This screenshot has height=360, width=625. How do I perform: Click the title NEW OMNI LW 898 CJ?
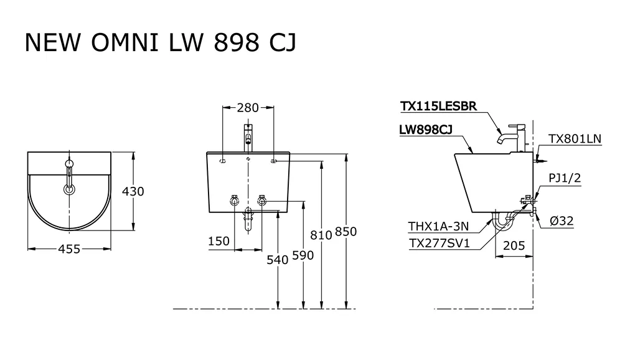click(x=160, y=44)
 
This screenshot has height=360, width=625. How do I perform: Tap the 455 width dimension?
click(x=69, y=249)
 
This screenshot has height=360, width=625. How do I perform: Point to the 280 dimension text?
click(x=247, y=108)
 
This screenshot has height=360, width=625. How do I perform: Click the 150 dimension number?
click(x=219, y=241)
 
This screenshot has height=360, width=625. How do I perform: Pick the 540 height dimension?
click(x=277, y=260)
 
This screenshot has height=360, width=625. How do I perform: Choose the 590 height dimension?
click(x=302, y=255)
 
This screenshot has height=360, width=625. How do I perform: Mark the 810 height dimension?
click(x=321, y=234)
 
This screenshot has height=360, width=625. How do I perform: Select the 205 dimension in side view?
click(x=514, y=245)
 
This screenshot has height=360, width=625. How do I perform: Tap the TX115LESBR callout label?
click(x=439, y=107)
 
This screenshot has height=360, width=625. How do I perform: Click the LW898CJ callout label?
click(x=426, y=130)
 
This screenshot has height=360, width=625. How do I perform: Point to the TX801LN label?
click(x=575, y=139)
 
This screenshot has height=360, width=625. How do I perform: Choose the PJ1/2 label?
click(x=565, y=179)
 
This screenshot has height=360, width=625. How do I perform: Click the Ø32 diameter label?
click(x=561, y=219)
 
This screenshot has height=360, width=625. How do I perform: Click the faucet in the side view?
click(x=514, y=136)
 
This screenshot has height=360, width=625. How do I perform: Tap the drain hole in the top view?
click(x=69, y=189)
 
